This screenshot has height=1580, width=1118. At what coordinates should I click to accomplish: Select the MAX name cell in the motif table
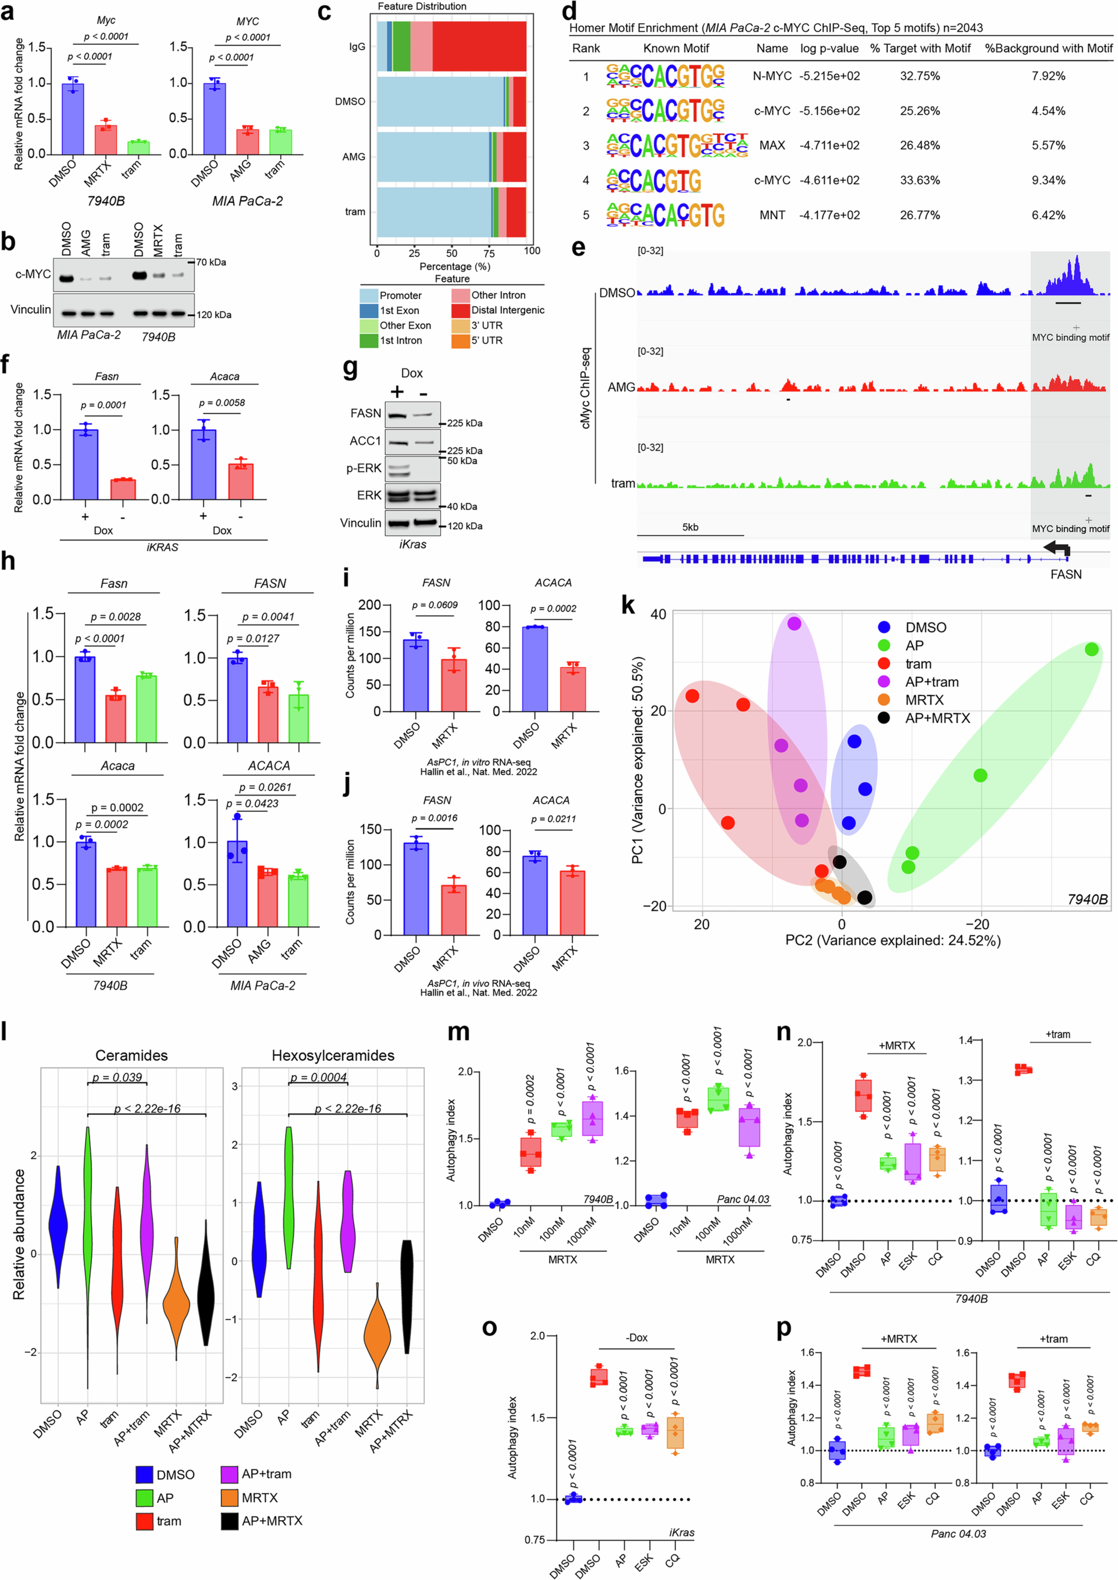(x=772, y=145)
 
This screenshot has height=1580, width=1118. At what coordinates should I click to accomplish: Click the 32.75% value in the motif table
(x=920, y=76)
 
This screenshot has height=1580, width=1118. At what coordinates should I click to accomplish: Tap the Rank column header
(x=586, y=48)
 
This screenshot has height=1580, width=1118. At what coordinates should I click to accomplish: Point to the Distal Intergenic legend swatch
(x=461, y=310)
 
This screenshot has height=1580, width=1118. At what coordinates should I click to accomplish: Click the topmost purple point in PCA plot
(x=794, y=623)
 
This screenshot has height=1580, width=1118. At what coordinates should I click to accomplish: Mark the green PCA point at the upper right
(x=1091, y=649)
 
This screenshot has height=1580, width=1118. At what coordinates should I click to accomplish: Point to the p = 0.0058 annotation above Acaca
(x=222, y=402)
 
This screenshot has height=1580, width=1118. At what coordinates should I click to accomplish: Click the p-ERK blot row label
(x=364, y=468)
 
